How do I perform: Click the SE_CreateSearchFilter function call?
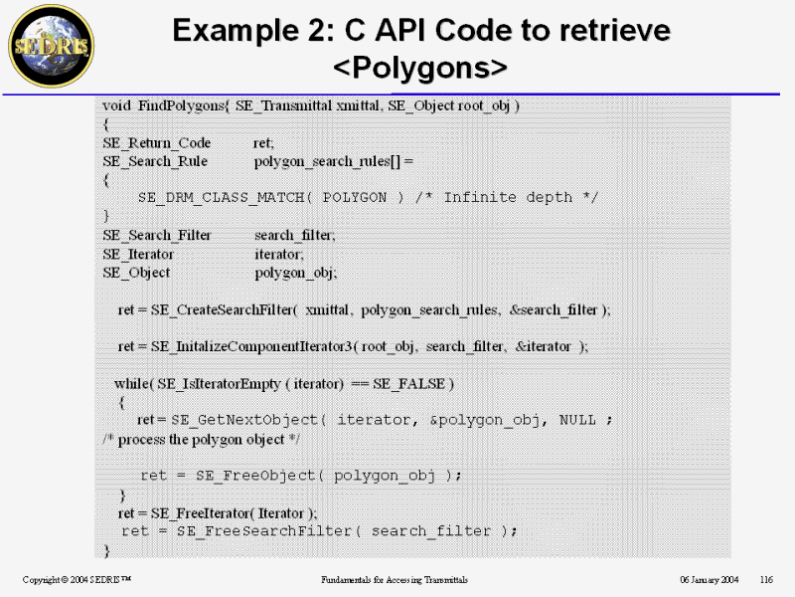pyautogui.click(x=224, y=309)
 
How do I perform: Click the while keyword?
pyautogui.click(x=133, y=383)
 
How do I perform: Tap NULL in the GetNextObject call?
pyautogui.click(x=577, y=420)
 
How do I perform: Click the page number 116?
pyautogui.click(x=766, y=579)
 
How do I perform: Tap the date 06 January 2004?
pyautogui.click(x=709, y=579)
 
